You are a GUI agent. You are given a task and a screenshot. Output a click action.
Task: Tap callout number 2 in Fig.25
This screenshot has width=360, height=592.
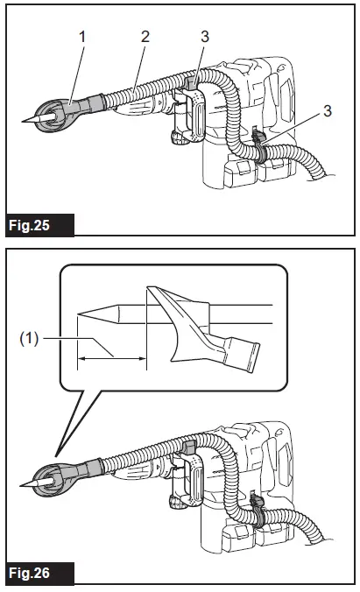[145, 37]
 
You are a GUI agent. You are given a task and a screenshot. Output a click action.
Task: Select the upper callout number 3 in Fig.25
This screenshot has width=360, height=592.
[205, 38]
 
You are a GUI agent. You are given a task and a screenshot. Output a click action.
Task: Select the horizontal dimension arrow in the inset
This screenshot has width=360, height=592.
[111, 356]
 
